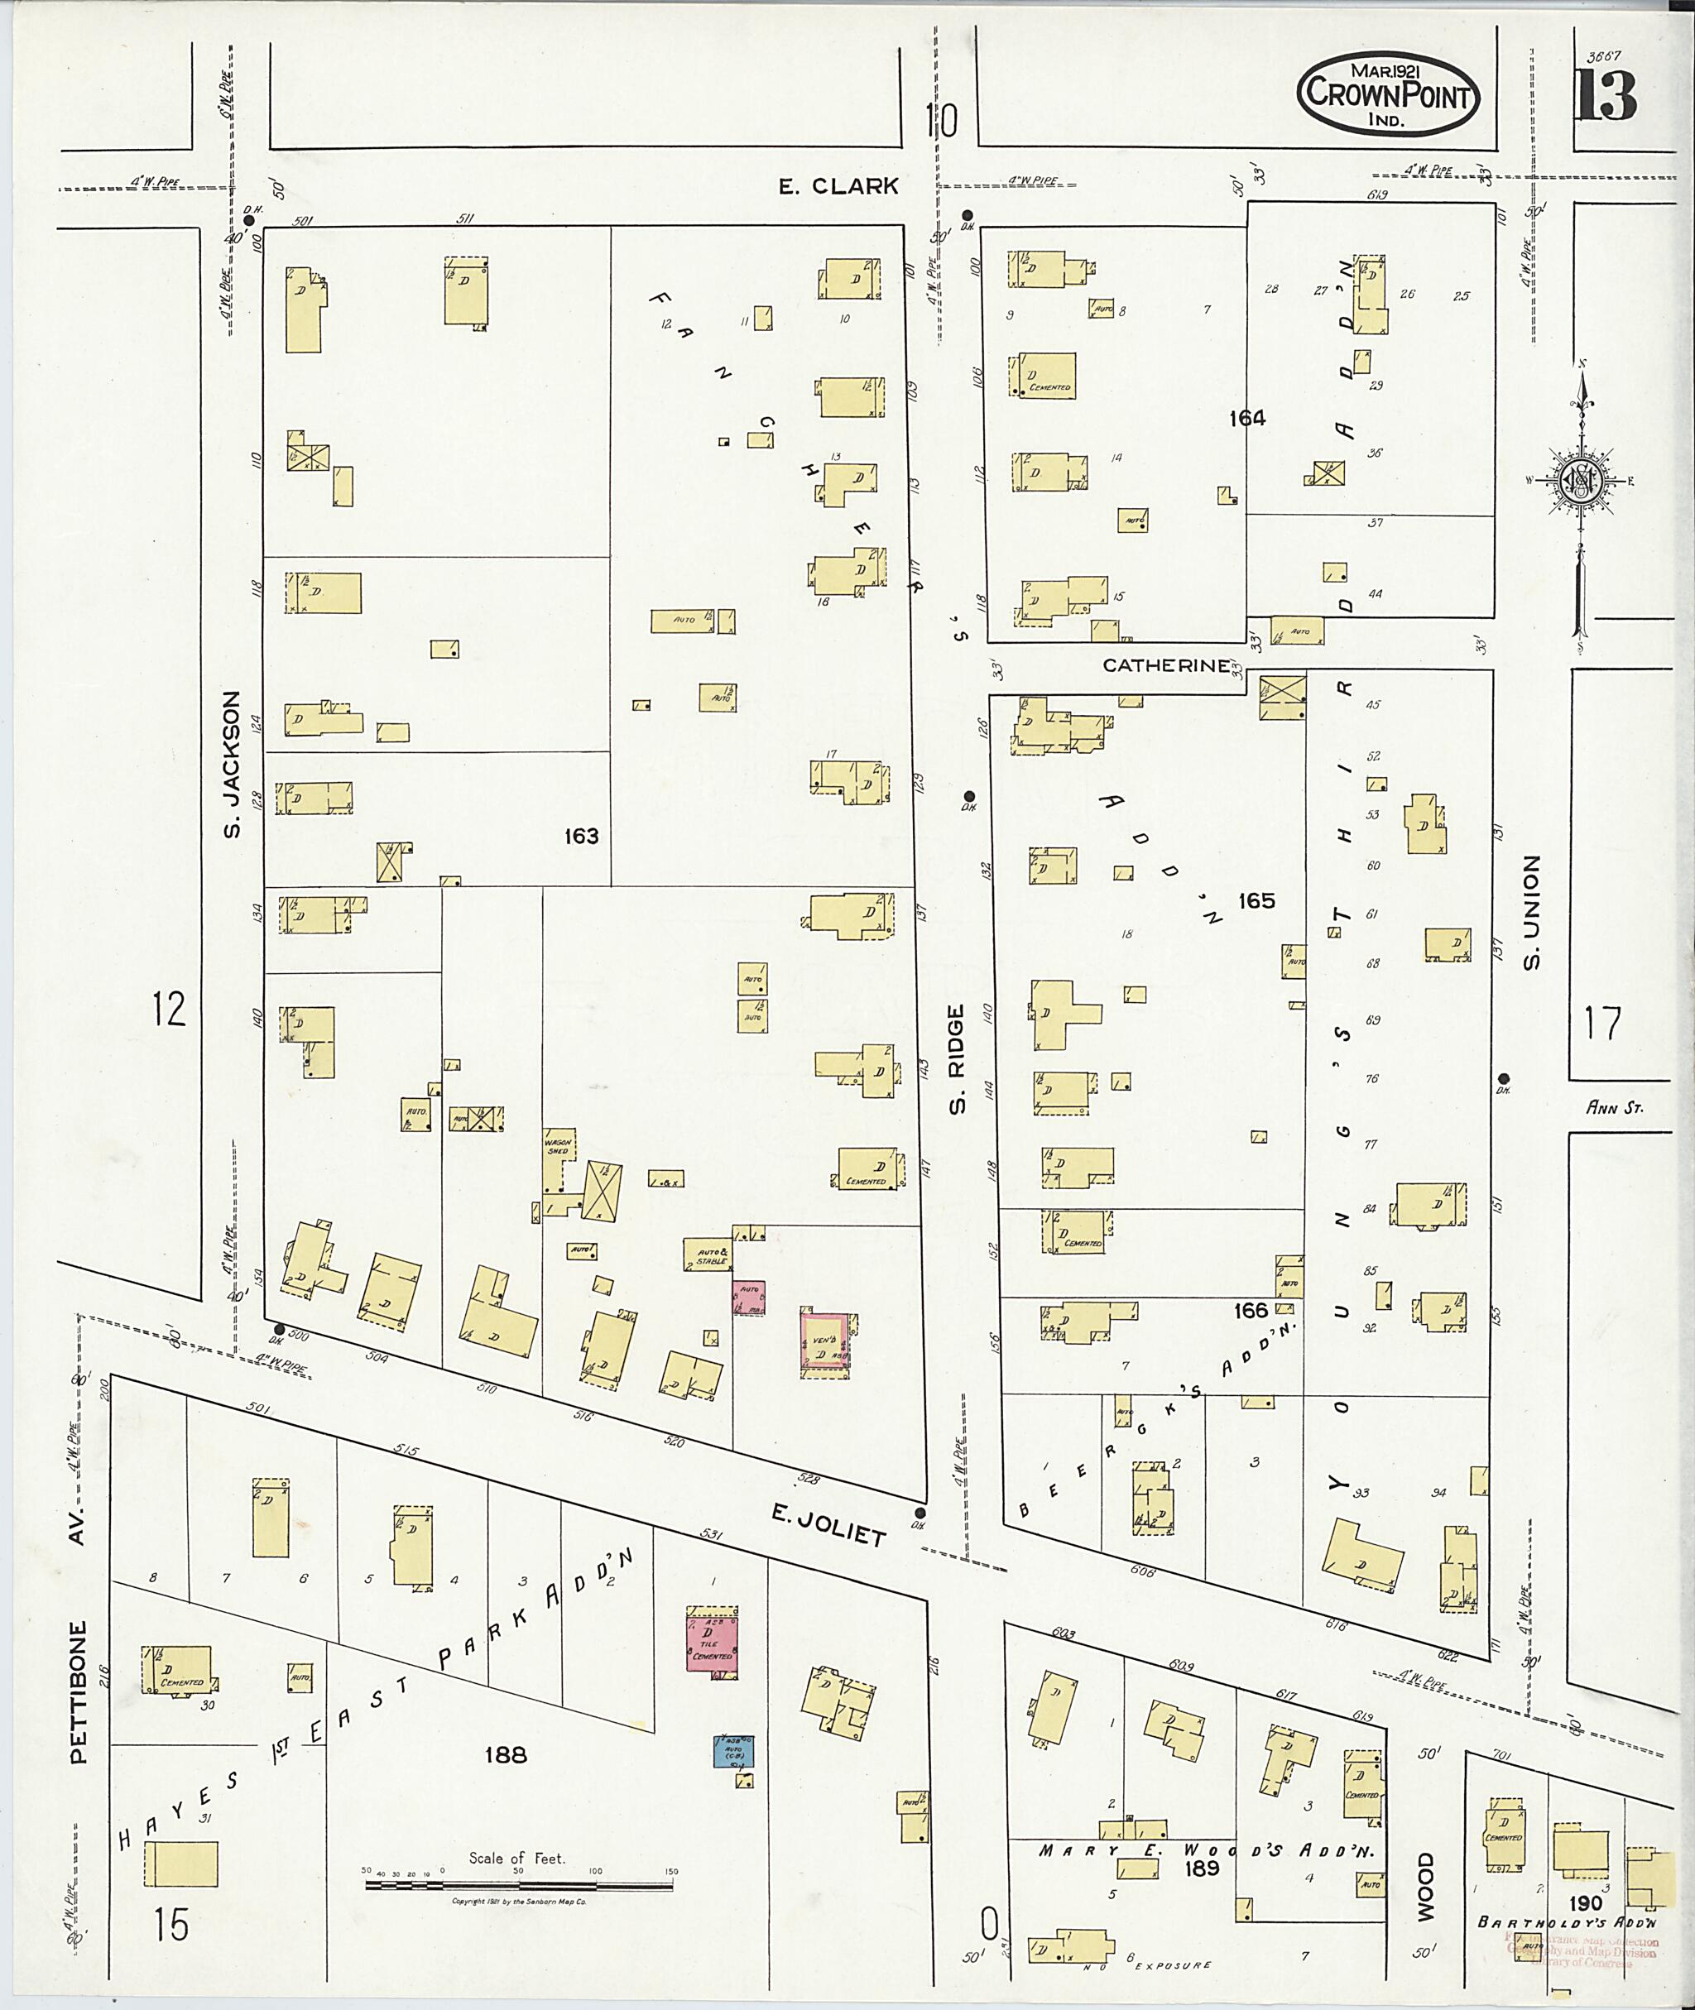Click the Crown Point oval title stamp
click(1389, 94)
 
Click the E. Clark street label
click(838, 186)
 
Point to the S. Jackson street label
click(232, 764)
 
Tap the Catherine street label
click(1164, 664)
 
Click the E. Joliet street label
click(828, 1526)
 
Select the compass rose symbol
click(1581, 481)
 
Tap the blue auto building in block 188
click(733, 1753)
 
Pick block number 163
click(581, 836)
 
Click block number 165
click(1256, 900)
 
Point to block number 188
click(506, 1755)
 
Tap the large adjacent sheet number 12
click(169, 1010)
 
